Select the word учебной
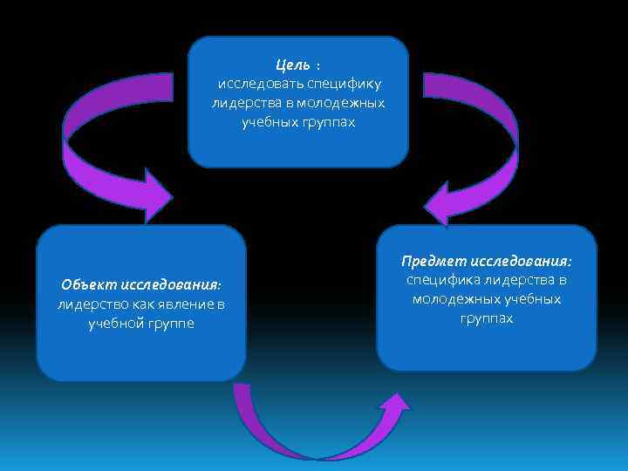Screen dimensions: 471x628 (118, 323)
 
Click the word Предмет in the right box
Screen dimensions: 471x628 (433, 261)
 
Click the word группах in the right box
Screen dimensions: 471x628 (487, 318)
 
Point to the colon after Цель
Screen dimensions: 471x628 (318, 66)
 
